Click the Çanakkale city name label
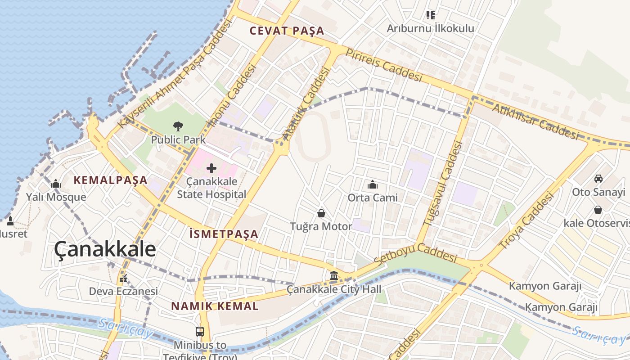[105, 249]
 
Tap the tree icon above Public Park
[178, 126]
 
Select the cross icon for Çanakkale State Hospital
[211, 169]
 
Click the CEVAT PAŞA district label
[287, 31]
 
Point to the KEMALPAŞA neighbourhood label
[111, 180]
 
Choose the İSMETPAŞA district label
[224, 234]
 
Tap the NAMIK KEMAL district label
[215, 306]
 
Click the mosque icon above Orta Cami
[373, 184]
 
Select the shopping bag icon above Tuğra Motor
[321, 213]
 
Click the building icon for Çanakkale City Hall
[334, 276]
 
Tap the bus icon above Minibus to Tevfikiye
[200, 332]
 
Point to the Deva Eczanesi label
[123, 291]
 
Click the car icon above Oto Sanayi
[598, 179]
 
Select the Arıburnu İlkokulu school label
[431, 28]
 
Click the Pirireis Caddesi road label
[384, 65]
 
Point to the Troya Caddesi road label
[526, 221]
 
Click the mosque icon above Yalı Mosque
[56, 184]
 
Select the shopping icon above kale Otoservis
[598, 210]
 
